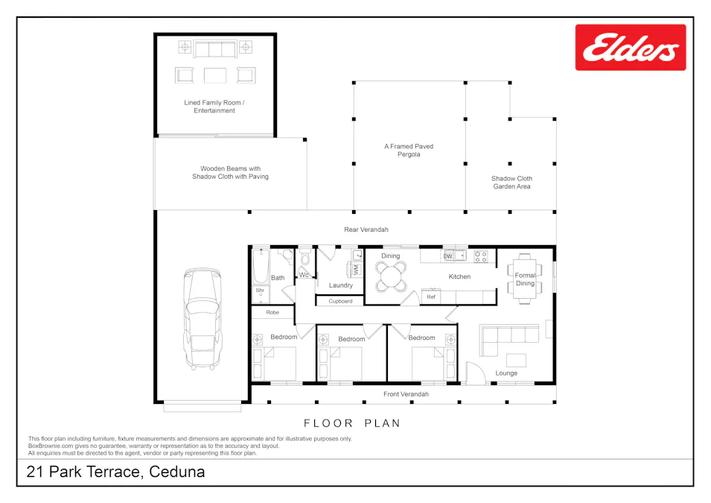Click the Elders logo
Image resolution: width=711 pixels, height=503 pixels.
point(630,48)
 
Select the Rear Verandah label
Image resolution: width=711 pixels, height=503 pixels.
point(366,230)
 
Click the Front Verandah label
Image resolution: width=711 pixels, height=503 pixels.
point(406,393)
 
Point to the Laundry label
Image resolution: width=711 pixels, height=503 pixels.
point(340,285)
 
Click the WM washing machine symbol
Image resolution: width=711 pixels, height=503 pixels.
point(355,268)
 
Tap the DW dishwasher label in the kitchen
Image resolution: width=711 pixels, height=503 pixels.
point(448,256)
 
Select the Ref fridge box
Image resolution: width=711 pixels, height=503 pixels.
point(430,297)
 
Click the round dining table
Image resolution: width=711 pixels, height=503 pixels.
point(390,277)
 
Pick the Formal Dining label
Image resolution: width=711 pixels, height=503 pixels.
point(525,279)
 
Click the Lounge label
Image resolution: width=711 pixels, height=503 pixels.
point(506,373)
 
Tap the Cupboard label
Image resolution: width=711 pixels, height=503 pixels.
point(340,301)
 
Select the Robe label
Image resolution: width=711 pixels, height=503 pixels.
point(272,312)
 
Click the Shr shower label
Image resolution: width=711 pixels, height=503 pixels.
point(261,291)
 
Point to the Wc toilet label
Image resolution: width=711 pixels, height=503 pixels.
point(304,275)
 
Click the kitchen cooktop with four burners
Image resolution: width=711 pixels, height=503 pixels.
point(481,256)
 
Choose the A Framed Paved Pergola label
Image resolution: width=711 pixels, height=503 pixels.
point(409,151)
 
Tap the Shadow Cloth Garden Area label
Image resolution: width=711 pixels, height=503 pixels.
point(511,183)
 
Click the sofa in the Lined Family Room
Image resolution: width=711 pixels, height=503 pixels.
point(214,50)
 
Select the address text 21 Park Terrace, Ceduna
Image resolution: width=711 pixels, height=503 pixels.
point(115,472)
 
